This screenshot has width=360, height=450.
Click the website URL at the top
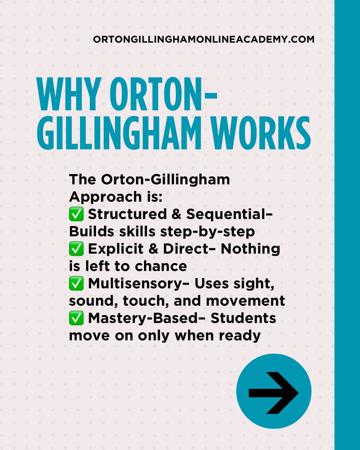coord(204,39)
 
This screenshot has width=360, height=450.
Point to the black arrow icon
coord(274,393)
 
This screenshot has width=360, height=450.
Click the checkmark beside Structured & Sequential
coord(76,215)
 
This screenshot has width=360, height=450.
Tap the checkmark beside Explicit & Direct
coord(76,249)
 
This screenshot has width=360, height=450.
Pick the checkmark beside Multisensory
coord(76,284)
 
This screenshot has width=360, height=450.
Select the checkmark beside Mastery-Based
coord(76,318)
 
